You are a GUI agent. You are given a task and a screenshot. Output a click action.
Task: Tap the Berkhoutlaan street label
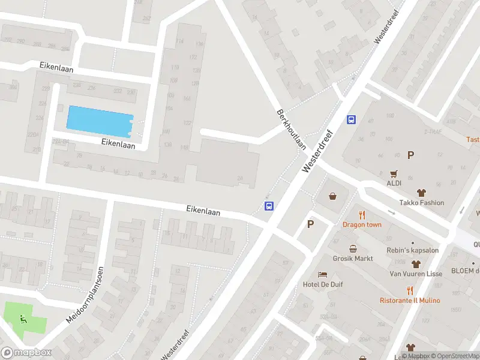coord(292,129)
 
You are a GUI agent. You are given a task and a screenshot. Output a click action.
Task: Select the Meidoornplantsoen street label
coord(85,295)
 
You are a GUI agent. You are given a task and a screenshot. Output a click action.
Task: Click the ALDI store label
coord(395,183)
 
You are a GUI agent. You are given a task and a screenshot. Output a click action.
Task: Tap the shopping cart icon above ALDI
coord(395,173)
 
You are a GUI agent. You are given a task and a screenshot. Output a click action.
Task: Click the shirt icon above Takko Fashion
coord(421,193)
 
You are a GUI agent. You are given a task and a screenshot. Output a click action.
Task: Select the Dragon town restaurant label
coord(362,224)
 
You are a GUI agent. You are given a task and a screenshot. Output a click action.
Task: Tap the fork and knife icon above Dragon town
coord(362,215)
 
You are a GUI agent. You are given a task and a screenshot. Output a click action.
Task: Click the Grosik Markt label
coord(353,259)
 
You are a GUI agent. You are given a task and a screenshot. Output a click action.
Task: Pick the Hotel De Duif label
coord(323,284)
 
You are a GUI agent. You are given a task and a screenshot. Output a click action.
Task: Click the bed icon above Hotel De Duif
coord(323,274)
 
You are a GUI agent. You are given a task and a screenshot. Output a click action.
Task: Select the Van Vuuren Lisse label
coord(416,274)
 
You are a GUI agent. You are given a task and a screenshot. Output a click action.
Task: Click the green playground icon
coord(23,319)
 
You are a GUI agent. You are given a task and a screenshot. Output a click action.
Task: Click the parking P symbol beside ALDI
coord(411,155)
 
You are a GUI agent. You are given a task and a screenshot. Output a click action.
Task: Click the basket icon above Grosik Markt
coord(353,248)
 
